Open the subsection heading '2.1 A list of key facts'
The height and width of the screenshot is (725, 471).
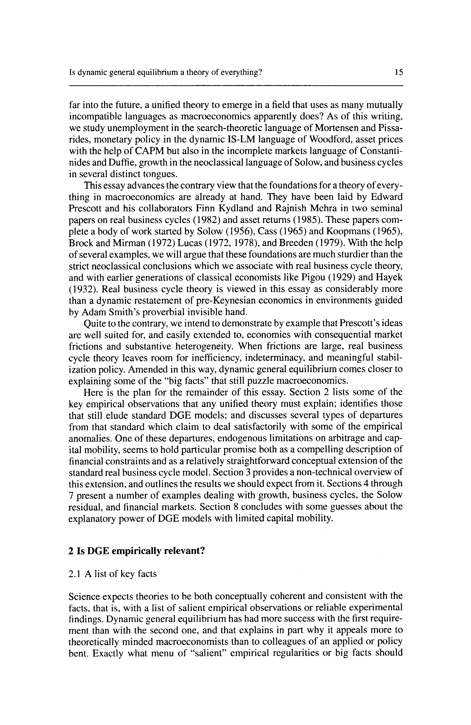113,574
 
